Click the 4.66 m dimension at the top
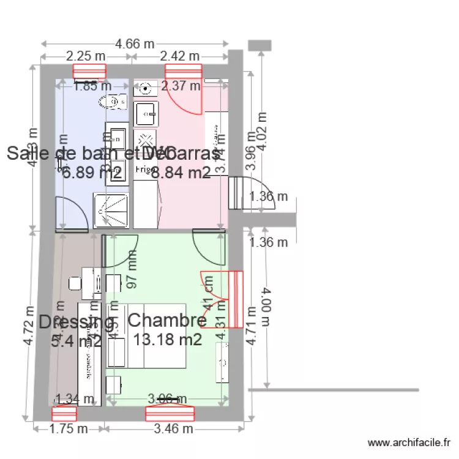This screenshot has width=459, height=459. click(x=135, y=43)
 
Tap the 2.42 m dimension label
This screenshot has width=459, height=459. click(x=180, y=56)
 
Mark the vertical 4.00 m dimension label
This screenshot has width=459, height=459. click(x=265, y=309)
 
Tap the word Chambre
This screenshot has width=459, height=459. click(x=168, y=320)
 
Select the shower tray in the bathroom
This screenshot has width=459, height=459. click(x=111, y=210)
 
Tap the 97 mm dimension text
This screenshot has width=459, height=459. click(x=133, y=272)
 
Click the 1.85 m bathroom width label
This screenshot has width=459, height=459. click(x=92, y=86)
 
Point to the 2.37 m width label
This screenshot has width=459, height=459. click(x=181, y=86)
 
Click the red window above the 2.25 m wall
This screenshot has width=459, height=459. click(x=89, y=71)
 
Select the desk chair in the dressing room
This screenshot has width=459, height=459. click(x=75, y=283)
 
